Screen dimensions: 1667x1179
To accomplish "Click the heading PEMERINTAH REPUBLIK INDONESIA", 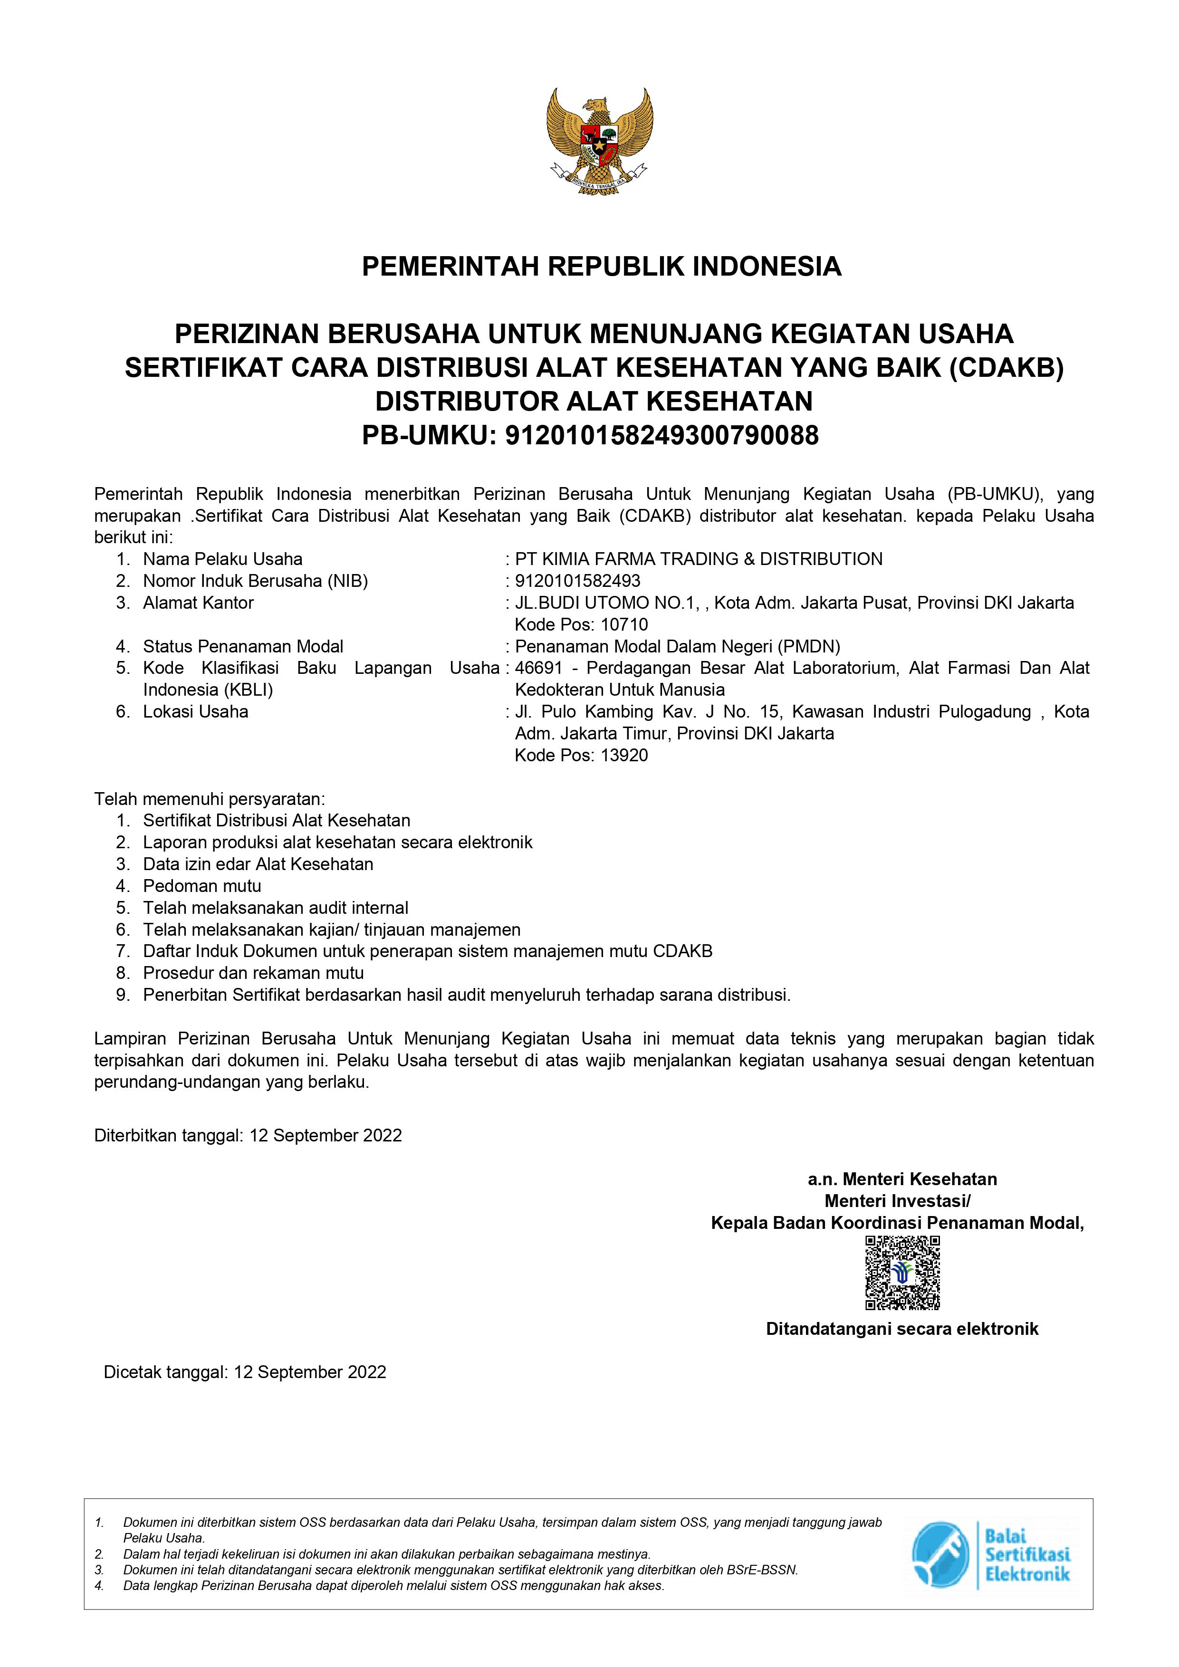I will coord(601,267).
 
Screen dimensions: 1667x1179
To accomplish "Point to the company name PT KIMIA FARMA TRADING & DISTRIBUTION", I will coord(699,559).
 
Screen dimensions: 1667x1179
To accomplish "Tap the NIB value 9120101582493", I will coord(578,581).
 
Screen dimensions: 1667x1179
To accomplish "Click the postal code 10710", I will coord(624,624).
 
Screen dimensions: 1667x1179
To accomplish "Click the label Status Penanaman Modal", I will coord(243,646).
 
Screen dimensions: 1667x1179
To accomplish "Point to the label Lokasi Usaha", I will coord(195,711).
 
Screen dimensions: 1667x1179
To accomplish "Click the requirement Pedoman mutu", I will coord(202,886).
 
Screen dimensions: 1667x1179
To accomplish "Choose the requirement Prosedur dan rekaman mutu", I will coord(253,973).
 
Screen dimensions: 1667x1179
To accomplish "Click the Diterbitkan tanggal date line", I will coord(248,1136).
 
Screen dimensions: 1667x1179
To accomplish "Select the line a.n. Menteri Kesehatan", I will coord(902,1179).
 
